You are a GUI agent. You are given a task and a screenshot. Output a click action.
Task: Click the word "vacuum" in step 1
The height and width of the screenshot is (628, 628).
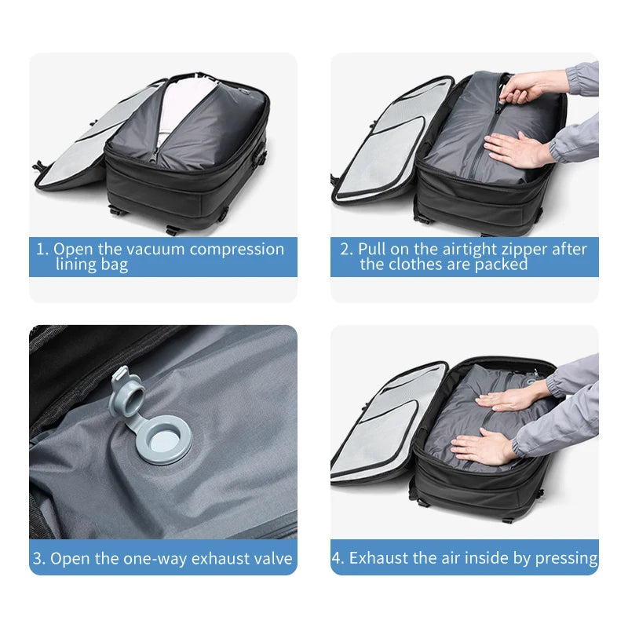pyautogui.click(x=157, y=250)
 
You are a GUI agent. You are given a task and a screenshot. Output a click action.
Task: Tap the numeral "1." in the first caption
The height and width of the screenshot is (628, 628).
pyautogui.click(x=42, y=250)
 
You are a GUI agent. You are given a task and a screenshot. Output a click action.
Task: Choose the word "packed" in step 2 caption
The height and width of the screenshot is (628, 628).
pyautogui.click(x=502, y=265)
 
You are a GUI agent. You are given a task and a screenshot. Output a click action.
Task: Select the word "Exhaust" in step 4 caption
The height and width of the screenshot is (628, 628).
pyautogui.click(x=378, y=559)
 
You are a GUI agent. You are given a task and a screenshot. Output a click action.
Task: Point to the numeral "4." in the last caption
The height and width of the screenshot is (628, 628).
pyautogui.click(x=338, y=559)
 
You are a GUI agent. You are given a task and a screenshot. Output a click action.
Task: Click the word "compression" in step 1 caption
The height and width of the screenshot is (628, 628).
pyautogui.click(x=237, y=250)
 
